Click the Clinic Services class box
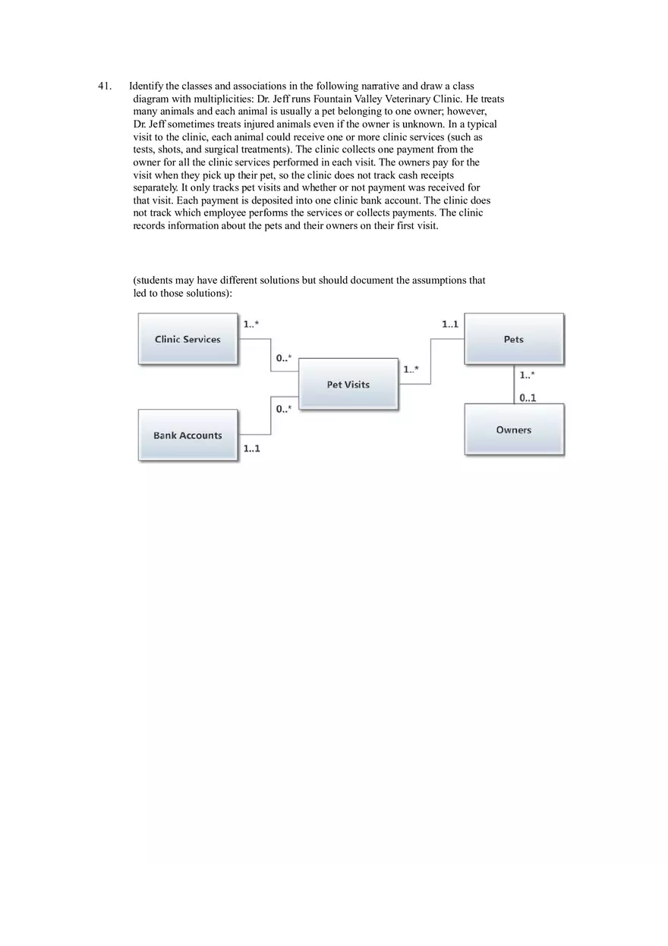(187, 339)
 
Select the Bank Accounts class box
(187, 435)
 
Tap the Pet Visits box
(348, 385)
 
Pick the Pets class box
(514, 339)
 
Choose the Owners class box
(514, 430)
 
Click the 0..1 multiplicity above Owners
(528, 398)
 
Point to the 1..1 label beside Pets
(450, 325)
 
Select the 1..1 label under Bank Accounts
(252, 448)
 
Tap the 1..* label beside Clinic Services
(251, 325)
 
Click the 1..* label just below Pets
(527, 375)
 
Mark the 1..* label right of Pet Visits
(411, 369)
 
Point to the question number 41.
(105, 86)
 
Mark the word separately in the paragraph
(156, 187)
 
